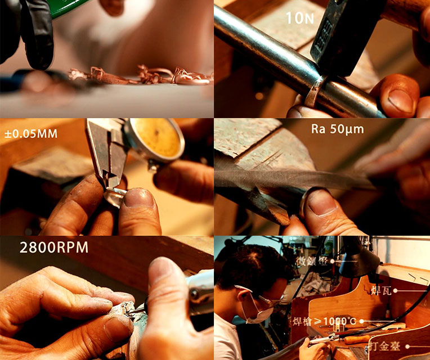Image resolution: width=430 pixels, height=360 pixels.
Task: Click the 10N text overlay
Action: [300, 18]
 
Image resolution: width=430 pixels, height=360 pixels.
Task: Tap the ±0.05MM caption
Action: [31, 134]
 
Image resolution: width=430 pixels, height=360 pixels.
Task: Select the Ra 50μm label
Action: [337, 129]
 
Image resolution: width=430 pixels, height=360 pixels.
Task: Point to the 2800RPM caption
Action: [54, 247]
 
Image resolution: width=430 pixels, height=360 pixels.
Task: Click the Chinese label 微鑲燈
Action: [312, 261]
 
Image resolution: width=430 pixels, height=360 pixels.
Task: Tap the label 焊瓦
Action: [381, 291]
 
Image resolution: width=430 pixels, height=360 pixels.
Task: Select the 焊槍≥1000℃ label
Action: [325, 321]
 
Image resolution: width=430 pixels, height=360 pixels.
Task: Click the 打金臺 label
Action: [386, 346]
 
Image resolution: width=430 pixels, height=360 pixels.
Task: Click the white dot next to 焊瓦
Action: [395, 291]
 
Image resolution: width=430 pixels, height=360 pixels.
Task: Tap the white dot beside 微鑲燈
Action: [332, 261]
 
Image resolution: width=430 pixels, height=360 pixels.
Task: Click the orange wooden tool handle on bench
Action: [357, 340]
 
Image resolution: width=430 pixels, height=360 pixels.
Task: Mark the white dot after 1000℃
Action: [362, 321]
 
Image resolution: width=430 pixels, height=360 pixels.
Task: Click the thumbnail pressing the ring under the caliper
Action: [138, 198]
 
